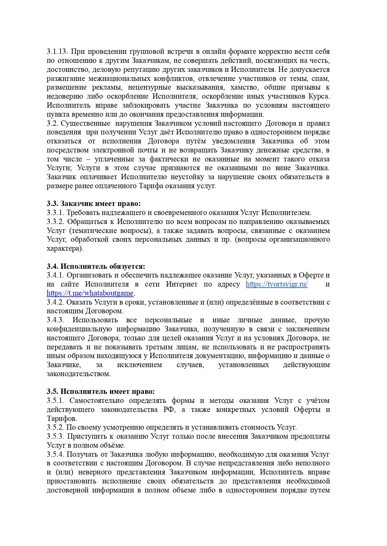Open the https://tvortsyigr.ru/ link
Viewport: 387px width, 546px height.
[x=277, y=284]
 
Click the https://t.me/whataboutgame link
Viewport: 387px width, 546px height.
[x=90, y=293]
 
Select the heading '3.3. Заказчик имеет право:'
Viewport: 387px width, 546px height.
[x=94, y=204]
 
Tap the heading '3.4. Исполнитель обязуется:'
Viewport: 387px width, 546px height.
[x=96, y=267]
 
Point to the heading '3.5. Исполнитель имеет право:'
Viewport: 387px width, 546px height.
[x=101, y=392]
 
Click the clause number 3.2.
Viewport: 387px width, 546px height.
[x=52, y=123]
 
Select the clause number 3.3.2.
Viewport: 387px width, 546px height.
[x=55, y=222]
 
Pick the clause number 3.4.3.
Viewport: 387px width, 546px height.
[x=55, y=320]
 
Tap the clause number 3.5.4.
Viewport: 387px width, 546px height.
[x=55, y=455]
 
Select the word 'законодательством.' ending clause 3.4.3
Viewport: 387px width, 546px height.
[x=79, y=374]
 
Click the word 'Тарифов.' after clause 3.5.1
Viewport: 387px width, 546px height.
[x=62, y=419]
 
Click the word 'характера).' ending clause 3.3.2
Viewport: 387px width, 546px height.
[x=65, y=249]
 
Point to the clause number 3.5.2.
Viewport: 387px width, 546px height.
[x=55, y=427]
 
